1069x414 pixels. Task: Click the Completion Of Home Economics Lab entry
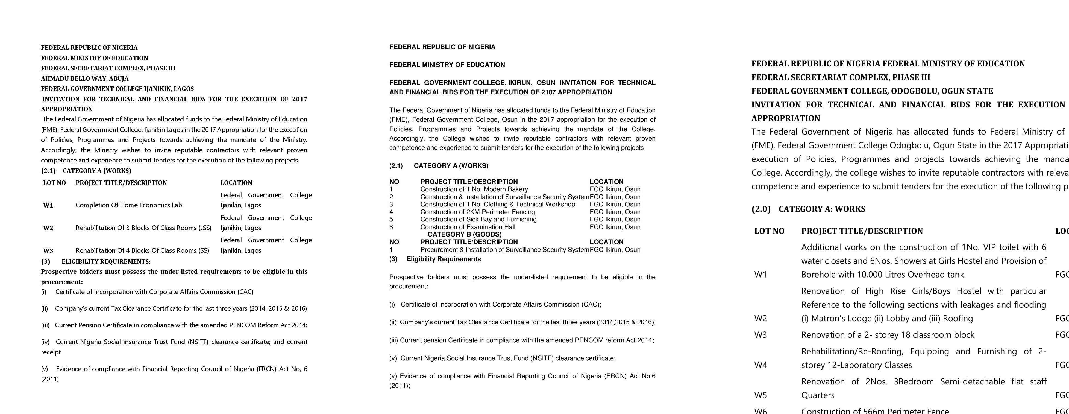coord(129,205)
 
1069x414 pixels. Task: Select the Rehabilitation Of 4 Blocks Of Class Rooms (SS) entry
coord(142,250)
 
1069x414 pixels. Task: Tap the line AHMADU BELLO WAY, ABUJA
coord(85,78)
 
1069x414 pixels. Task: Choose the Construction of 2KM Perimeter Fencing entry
coord(478,212)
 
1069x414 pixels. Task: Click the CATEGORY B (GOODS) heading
coord(464,234)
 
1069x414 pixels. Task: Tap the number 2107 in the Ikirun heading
coord(549,92)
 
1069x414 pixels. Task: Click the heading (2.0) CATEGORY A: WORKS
coord(808,209)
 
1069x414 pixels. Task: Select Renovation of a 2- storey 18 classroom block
coord(888,335)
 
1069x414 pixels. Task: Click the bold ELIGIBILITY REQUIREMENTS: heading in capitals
coord(106,262)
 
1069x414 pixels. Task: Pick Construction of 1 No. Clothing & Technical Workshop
coord(498,204)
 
